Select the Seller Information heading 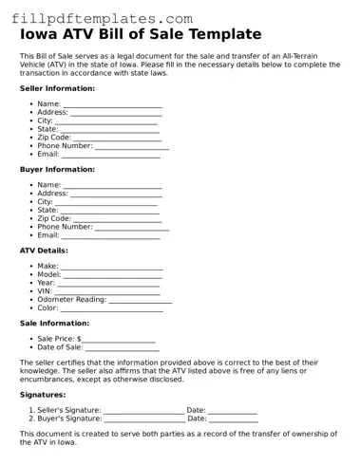coord(58,88)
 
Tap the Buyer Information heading coord(57,169)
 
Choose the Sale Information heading coord(55,323)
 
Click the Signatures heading coord(43,393)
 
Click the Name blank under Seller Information coord(112,104)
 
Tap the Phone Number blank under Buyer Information coord(131,227)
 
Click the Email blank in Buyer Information coord(111,235)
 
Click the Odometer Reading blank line coord(140,300)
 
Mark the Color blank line coord(111,308)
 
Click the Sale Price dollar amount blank coord(119,339)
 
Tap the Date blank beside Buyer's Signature coord(233,418)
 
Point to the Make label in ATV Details coord(47,267)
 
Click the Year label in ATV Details coord(46,283)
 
